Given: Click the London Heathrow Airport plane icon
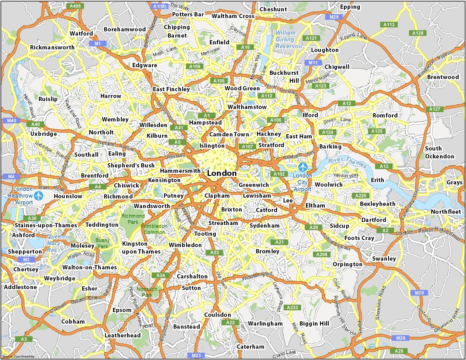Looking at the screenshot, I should click(x=39, y=195).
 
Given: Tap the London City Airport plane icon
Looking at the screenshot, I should click(x=303, y=167).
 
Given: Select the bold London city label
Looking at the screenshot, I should click(x=222, y=173).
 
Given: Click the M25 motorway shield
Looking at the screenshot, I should click(x=334, y=17).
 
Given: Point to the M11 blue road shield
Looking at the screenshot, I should click(x=313, y=63).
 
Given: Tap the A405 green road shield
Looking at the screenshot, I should click(x=75, y=6).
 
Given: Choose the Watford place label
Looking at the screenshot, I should click(x=81, y=33).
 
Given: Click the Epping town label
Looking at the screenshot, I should click(x=350, y=7).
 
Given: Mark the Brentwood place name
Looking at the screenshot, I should click(x=443, y=77).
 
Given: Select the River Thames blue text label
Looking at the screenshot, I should click(x=347, y=162).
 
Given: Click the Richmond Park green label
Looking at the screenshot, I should click(x=133, y=219).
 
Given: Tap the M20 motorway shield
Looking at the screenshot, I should click(x=419, y=293).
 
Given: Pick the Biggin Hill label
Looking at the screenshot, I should click(x=314, y=324).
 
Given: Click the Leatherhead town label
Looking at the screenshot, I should click(x=123, y=335).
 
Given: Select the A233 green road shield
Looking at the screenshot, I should click(x=292, y=307).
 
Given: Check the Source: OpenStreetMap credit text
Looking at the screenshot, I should click(x=19, y=356).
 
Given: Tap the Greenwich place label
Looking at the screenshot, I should click(x=254, y=185).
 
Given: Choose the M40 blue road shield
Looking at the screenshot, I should click(x=12, y=121).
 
